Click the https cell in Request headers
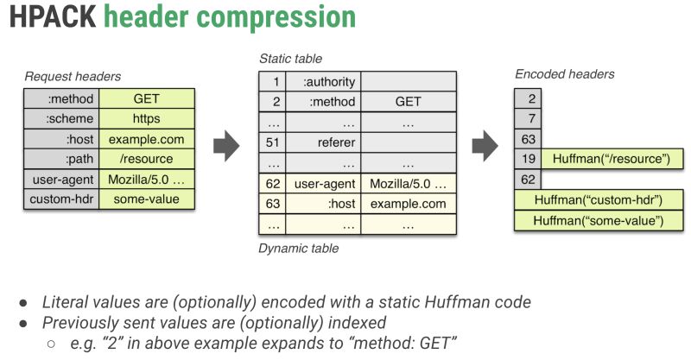click(147, 118)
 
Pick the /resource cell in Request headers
click(147, 159)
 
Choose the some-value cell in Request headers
click(147, 199)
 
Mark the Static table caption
click(290, 59)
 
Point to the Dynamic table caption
click(299, 249)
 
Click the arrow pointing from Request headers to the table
click(225, 146)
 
